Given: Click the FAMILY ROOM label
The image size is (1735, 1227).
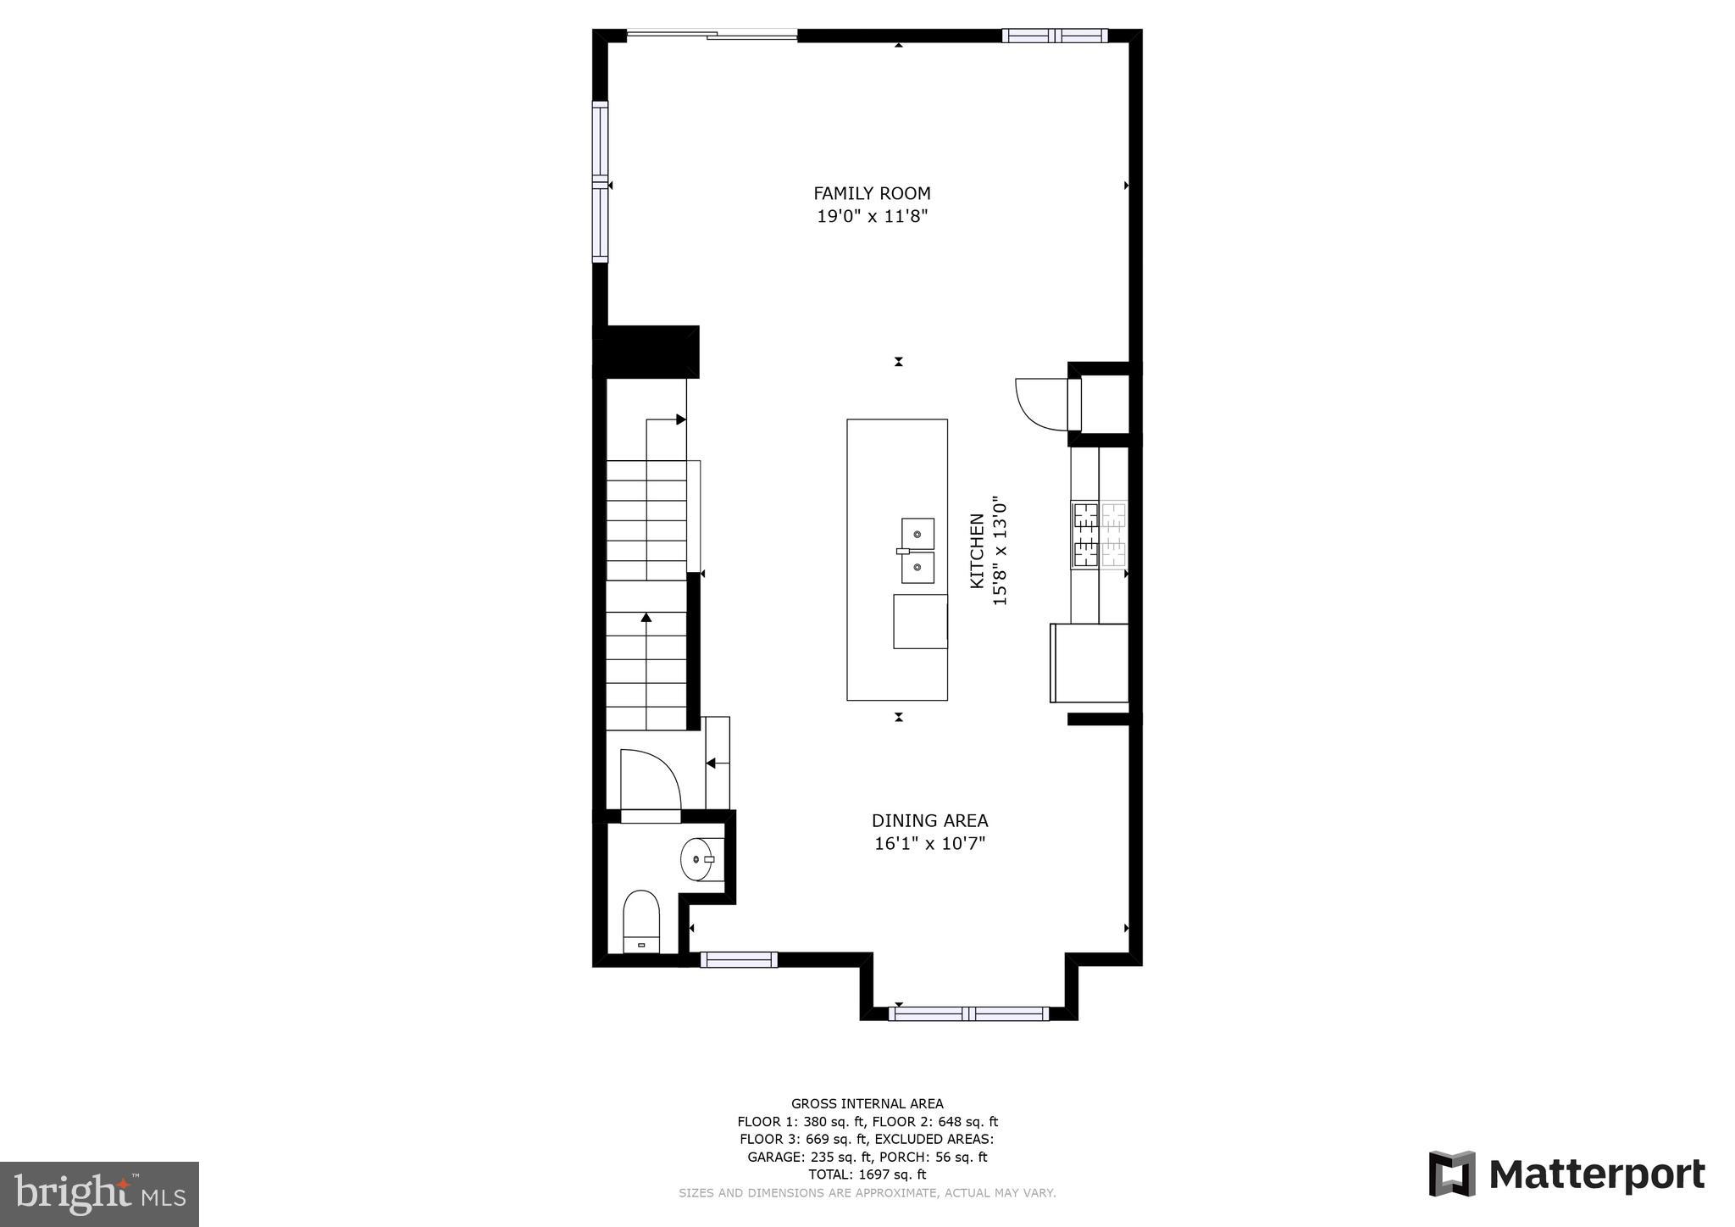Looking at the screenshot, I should (x=872, y=193).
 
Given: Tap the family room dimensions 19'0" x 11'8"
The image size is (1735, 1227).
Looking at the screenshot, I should (x=872, y=217).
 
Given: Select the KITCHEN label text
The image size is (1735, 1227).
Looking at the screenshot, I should (x=977, y=551).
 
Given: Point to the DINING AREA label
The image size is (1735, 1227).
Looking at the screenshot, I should (x=929, y=820).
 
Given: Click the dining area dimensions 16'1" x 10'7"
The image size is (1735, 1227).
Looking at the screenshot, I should (x=929, y=844).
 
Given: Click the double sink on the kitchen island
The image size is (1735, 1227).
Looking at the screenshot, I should (x=917, y=551).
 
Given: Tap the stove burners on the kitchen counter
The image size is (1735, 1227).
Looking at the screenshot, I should (x=1100, y=534).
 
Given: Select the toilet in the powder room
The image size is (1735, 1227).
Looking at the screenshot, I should (x=641, y=922).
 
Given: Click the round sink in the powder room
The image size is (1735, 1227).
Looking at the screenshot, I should (x=696, y=859).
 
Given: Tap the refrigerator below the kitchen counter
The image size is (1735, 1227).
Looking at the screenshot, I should (x=1089, y=663).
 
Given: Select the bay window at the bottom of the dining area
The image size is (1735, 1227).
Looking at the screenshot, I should (x=968, y=1013).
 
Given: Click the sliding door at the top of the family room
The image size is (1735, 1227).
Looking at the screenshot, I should (x=712, y=35).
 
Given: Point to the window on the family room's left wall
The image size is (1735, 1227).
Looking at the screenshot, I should (x=600, y=182).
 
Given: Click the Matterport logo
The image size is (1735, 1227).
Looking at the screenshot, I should (x=1566, y=1174).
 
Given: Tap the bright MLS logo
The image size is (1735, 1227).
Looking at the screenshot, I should (x=99, y=1194).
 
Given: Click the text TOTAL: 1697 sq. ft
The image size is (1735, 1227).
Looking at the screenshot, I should (x=867, y=1174).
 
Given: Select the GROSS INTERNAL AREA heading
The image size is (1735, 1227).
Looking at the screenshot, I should (x=867, y=1103).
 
